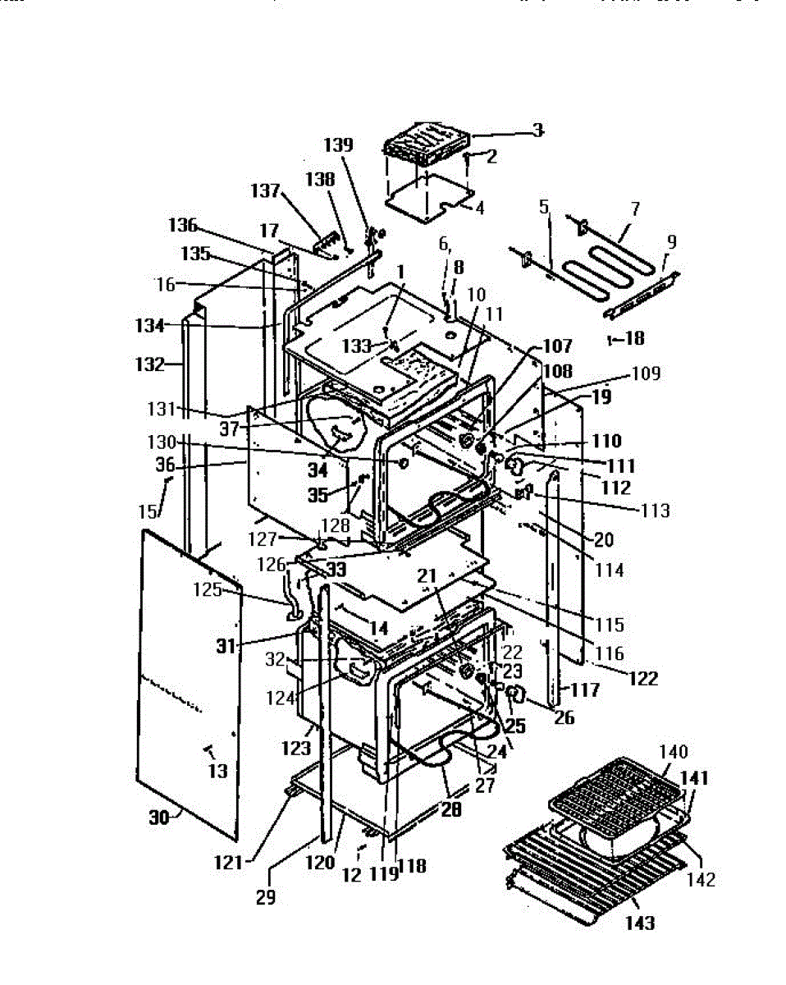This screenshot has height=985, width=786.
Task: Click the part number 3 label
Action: pyautogui.click(x=537, y=130)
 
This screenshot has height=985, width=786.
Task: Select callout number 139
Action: pyautogui.click(x=338, y=145)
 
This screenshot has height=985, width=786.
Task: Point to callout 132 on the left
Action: pyautogui.click(x=150, y=364)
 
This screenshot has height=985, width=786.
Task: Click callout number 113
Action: pyautogui.click(x=655, y=511)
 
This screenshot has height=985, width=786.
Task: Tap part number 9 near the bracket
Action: pyautogui.click(x=672, y=242)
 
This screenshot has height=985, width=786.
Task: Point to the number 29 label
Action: pyautogui.click(x=265, y=897)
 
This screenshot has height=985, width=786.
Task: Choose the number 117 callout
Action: pyautogui.click(x=586, y=691)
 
